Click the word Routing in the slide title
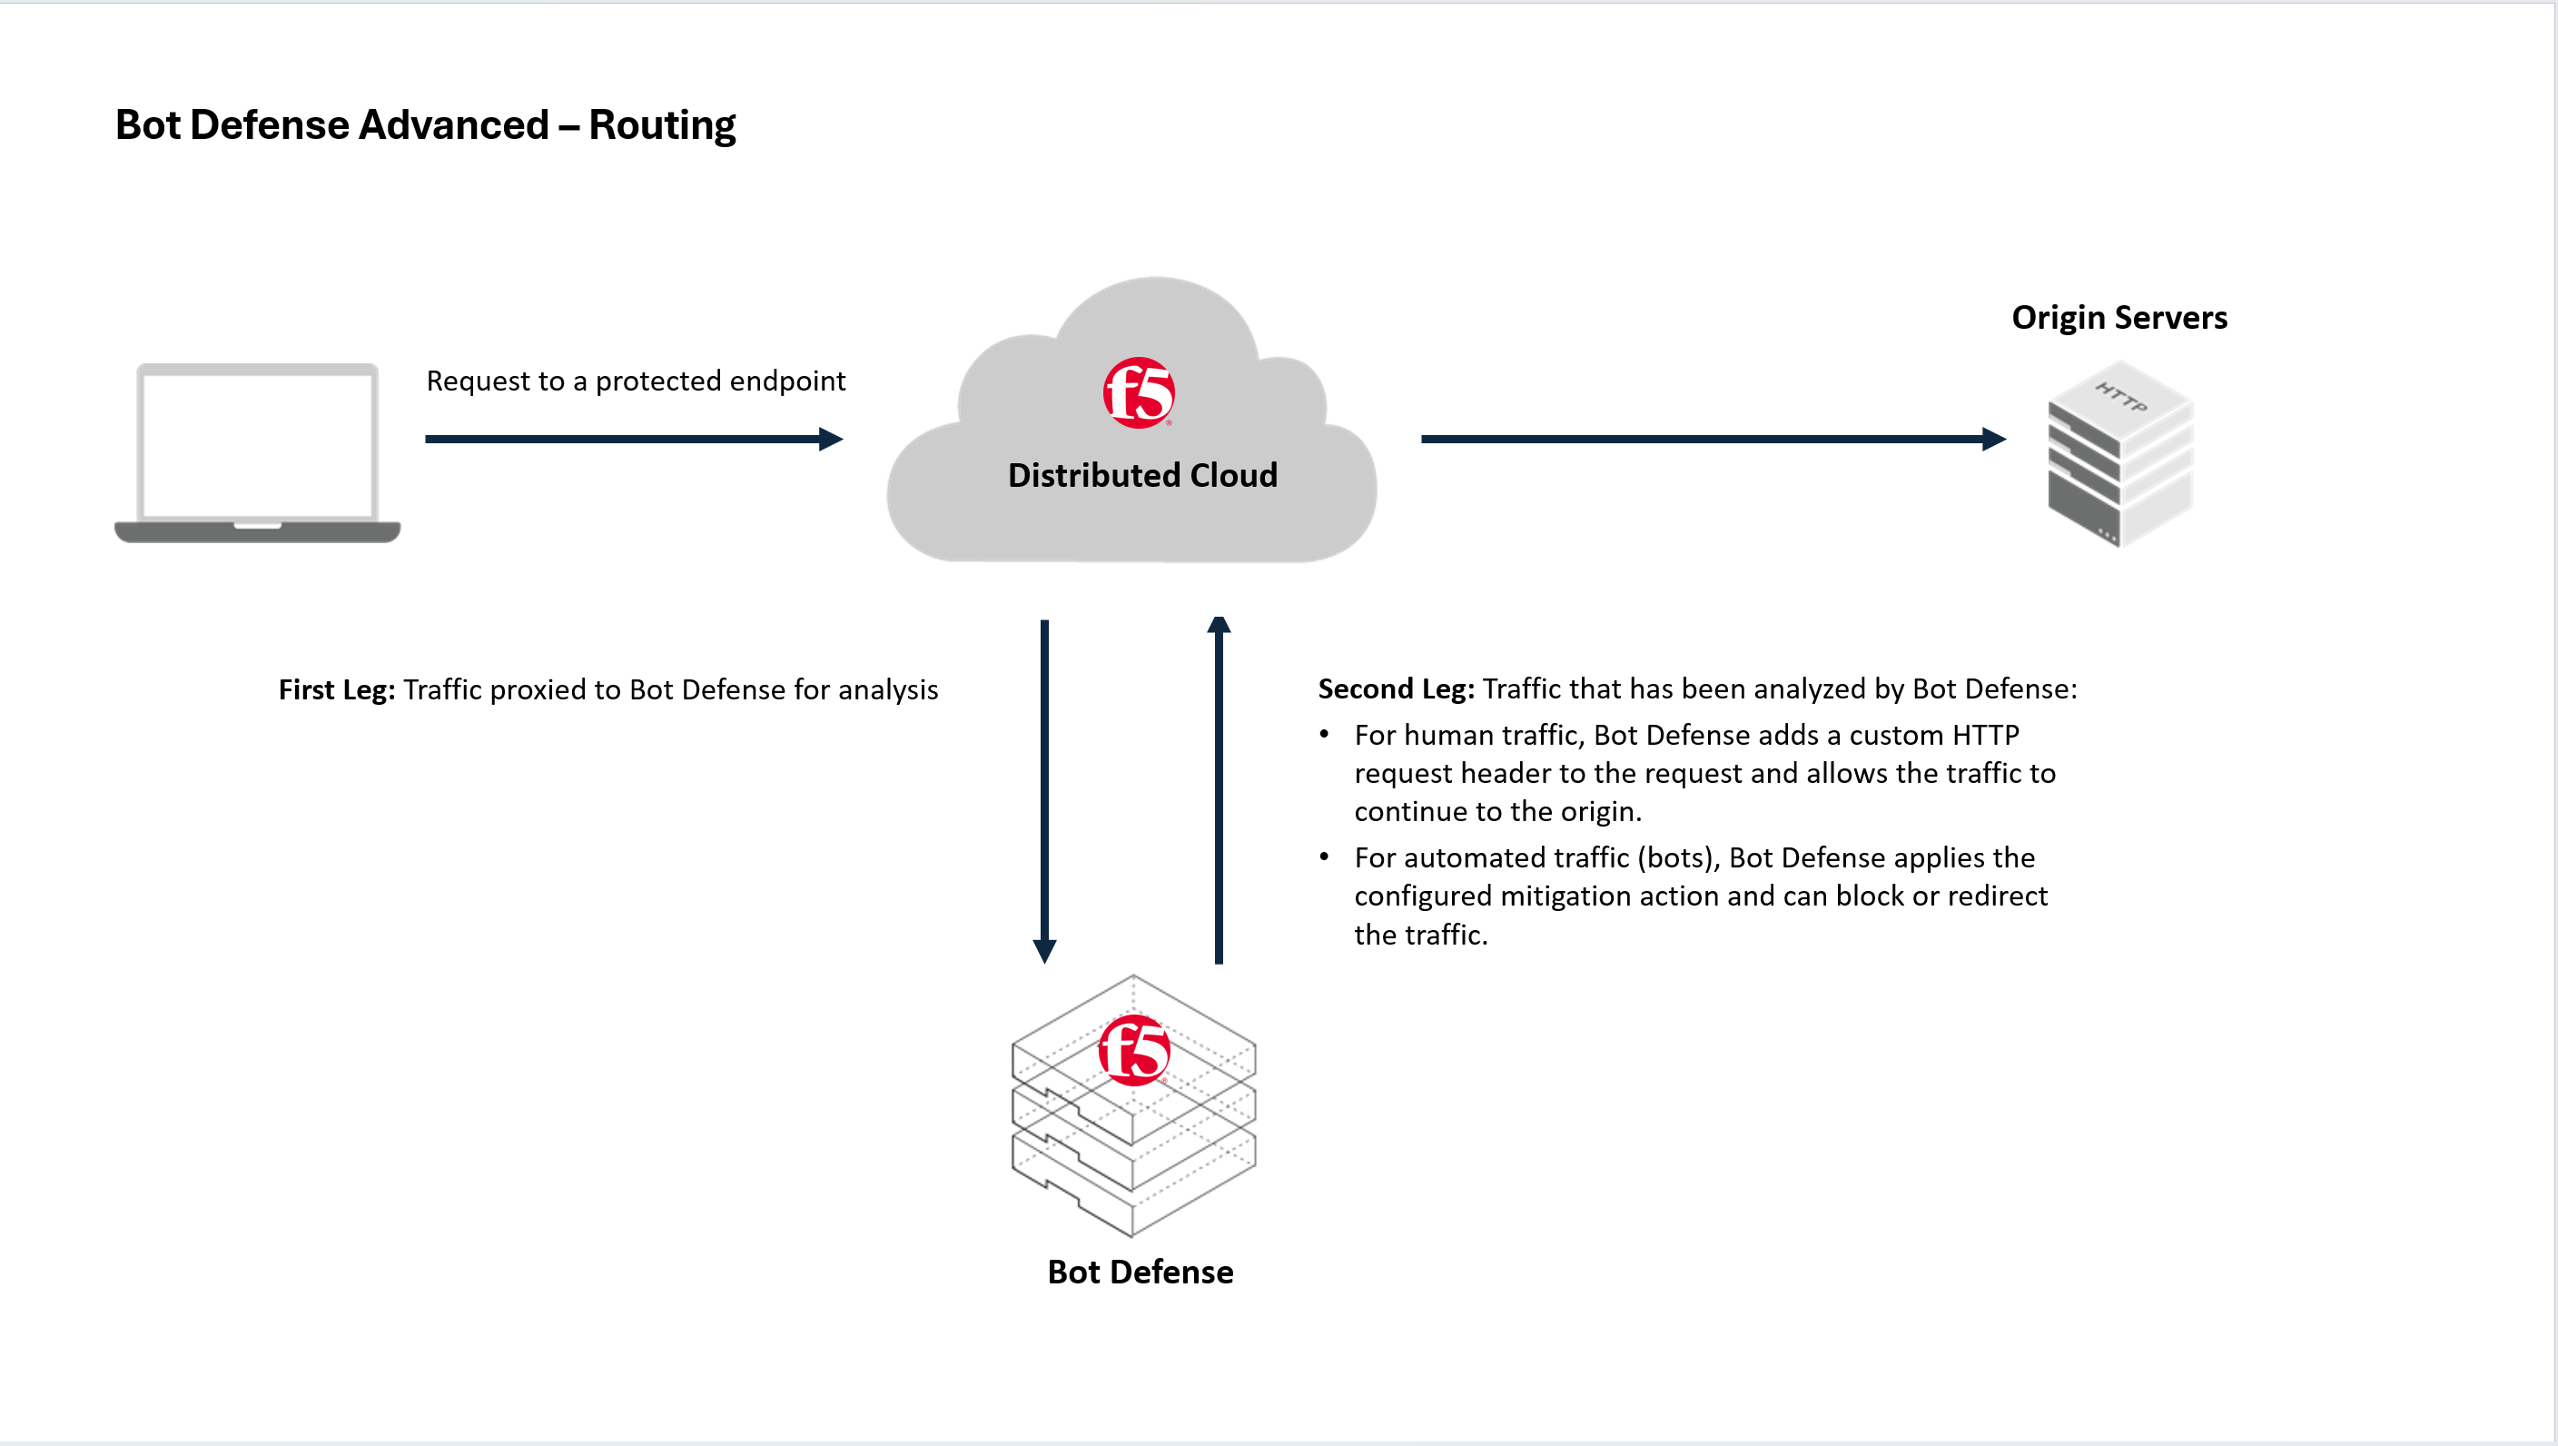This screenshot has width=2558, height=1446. [x=661, y=125]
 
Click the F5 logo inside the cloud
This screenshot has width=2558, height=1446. [x=1138, y=393]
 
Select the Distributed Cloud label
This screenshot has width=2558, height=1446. [x=1142, y=476]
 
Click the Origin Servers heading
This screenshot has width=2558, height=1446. [x=2119, y=318]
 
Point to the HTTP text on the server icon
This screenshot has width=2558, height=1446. [x=2121, y=397]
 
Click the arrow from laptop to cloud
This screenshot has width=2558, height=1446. [x=634, y=439]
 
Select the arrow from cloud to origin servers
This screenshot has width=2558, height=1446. [x=1712, y=439]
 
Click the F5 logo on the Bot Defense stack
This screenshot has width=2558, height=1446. [x=1134, y=1050]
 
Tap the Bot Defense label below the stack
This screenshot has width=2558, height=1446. [x=1140, y=1273]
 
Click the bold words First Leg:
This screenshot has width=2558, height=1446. [x=337, y=689]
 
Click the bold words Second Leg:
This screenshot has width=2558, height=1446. [x=1395, y=688]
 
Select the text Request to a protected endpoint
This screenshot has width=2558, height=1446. [x=636, y=381]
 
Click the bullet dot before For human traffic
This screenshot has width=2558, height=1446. [x=1324, y=734]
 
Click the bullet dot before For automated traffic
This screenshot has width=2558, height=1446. [x=1324, y=857]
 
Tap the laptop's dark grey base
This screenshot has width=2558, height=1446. [x=257, y=532]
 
